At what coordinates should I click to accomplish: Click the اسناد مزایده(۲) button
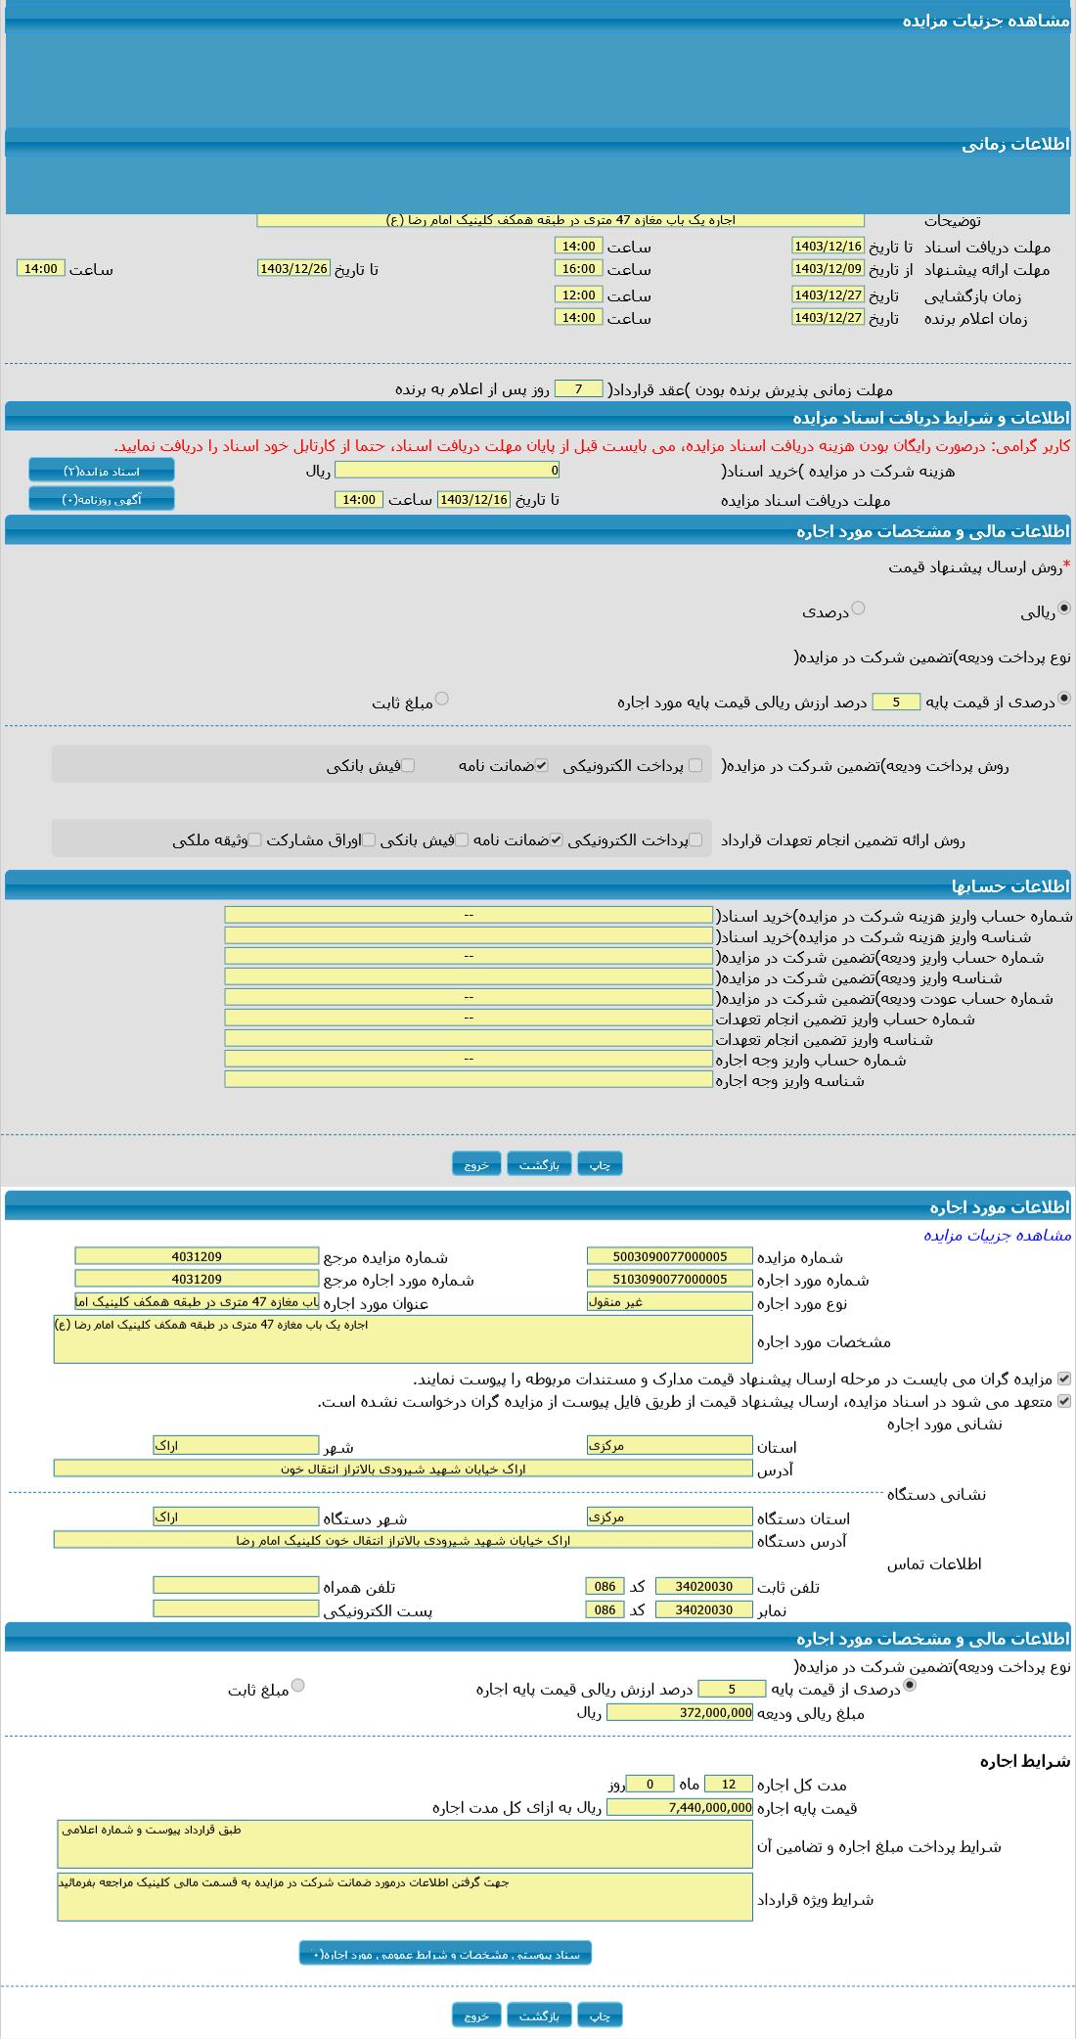[x=102, y=471]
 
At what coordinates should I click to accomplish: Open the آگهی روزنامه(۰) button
[x=102, y=499]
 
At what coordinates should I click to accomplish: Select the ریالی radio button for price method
[x=1064, y=609]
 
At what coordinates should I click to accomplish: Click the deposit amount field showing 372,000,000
[x=680, y=1712]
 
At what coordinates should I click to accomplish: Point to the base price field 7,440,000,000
[x=680, y=1807]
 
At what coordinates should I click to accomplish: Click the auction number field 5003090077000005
[x=670, y=1256]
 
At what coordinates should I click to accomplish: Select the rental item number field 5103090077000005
[x=670, y=1279]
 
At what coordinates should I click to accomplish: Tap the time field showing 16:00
[x=578, y=268]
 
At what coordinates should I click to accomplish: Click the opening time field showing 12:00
[x=578, y=295]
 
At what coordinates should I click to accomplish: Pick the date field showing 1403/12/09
[x=828, y=268]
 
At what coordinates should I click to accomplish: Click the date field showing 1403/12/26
[x=293, y=268]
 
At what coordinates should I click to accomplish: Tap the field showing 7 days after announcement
[x=578, y=389]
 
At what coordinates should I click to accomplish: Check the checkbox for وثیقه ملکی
[x=254, y=839]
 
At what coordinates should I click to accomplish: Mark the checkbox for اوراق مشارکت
[x=369, y=839]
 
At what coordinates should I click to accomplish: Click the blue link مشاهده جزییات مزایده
[x=997, y=1235]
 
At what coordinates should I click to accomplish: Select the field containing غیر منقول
[x=670, y=1301]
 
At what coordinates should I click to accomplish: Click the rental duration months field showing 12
[x=729, y=1784]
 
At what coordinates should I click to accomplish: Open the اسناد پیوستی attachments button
[x=445, y=1954]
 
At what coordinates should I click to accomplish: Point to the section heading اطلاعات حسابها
[x=1010, y=886]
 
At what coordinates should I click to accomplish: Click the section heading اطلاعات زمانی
[x=1015, y=144]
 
